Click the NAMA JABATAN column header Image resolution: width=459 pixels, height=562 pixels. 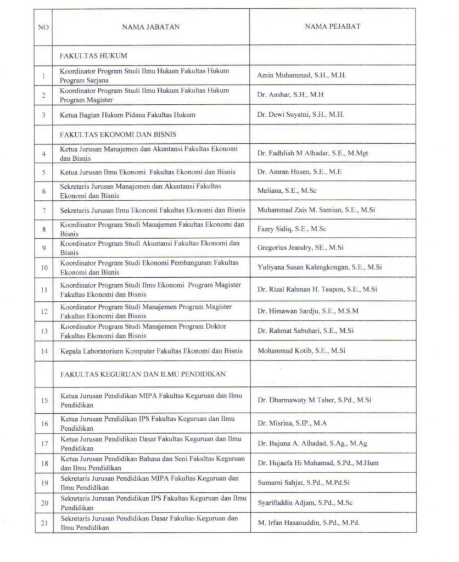tap(150, 26)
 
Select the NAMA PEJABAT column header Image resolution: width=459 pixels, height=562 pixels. tap(333, 26)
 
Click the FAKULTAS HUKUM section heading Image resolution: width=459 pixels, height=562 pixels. tap(86, 56)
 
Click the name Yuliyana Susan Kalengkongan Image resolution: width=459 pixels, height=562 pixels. tap(320, 267)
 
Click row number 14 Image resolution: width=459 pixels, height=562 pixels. tap(43, 351)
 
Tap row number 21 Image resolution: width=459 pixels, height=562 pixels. tap(43, 523)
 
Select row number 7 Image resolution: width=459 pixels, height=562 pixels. tap(43, 210)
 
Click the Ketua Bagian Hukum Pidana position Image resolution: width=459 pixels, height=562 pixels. tap(127, 115)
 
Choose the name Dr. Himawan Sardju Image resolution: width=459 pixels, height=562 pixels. tap(307, 311)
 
